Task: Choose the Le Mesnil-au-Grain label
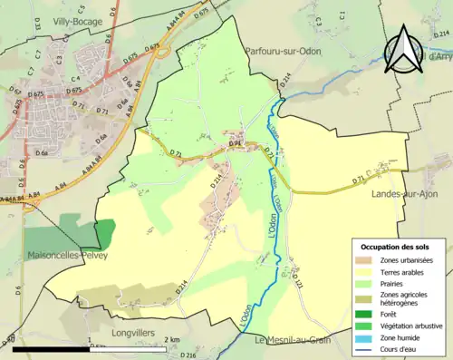pyautogui.click(x=294, y=340)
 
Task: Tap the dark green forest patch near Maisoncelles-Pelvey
pyautogui.click(x=107, y=233)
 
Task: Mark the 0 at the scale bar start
pyautogui.click(x=13, y=340)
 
